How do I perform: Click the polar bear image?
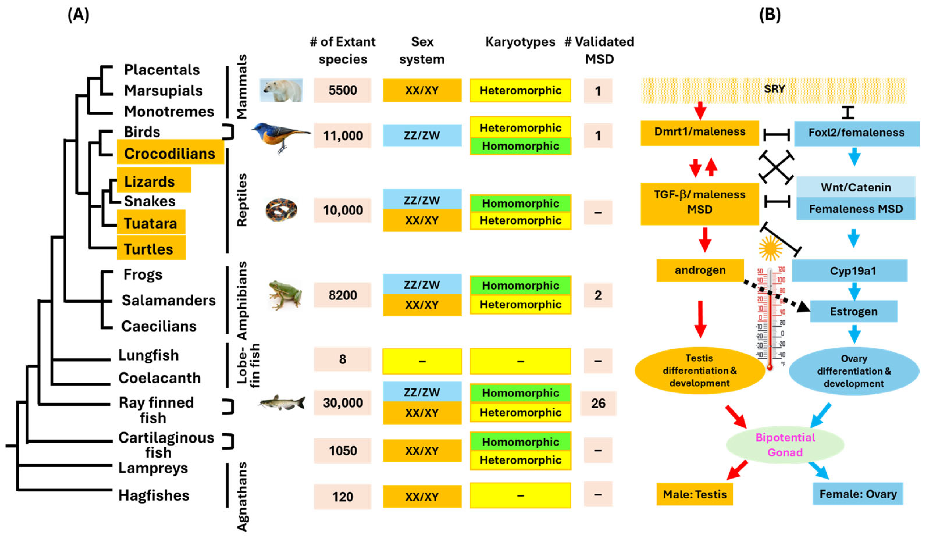pos(281,90)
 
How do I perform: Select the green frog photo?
pos(285,294)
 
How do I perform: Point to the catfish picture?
pos(282,403)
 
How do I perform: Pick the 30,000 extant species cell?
pos(342,403)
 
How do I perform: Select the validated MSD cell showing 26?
pos(598,403)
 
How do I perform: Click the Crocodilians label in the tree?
pos(170,153)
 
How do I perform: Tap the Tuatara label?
pos(151,223)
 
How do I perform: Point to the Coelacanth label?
pos(159,378)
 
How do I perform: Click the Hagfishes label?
pos(154,495)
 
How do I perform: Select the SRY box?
pos(774,89)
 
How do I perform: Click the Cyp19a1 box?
pos(853,271)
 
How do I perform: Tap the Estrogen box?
pos(853,311)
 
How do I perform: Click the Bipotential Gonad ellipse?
pos(785,445)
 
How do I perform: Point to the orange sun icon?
pos(770,248)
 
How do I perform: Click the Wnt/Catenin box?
pos(855,187)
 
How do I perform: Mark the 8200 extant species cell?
pos(342,295)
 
